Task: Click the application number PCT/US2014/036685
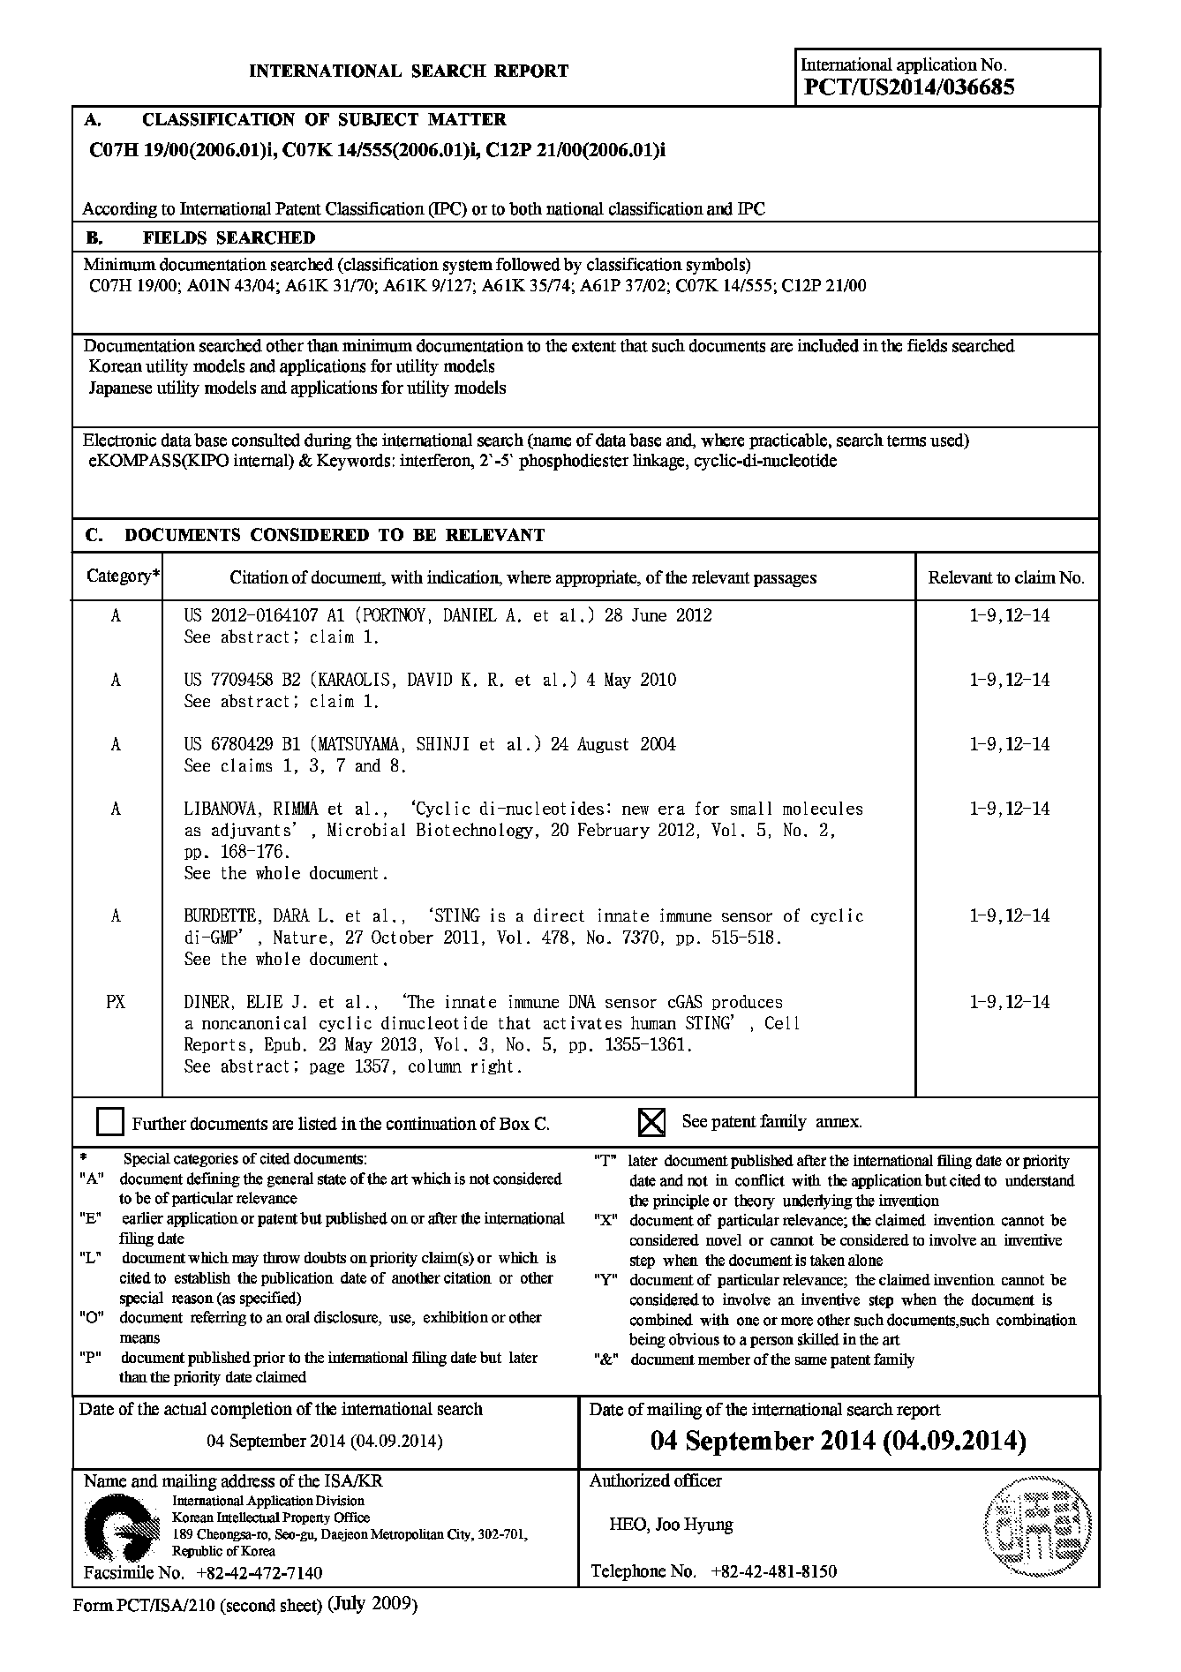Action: pyautogui.click(x=909, y=87)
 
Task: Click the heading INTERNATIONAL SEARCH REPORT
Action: pyautogui.click(x=409, y=72)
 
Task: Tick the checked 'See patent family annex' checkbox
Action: pyautogui.click(x=651, y=1122)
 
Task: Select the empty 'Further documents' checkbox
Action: pyautogui.click(x=110, y=1122)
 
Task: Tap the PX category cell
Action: pyautogui.click(x=116, y=1002)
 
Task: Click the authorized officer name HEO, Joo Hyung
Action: pyautogui.click(x=671, y=1524)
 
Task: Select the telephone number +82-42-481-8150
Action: pyautogui.click(x=767, y=1571)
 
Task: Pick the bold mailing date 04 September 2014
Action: pyautogui.click(x=838, y=1442)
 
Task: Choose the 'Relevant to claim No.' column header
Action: pyautogui.click(x=1006, y=578)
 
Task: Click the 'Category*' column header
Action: pyautogui.click(x=123, y=576)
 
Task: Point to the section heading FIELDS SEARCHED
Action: pyautogui.click(x=229, y=237)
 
